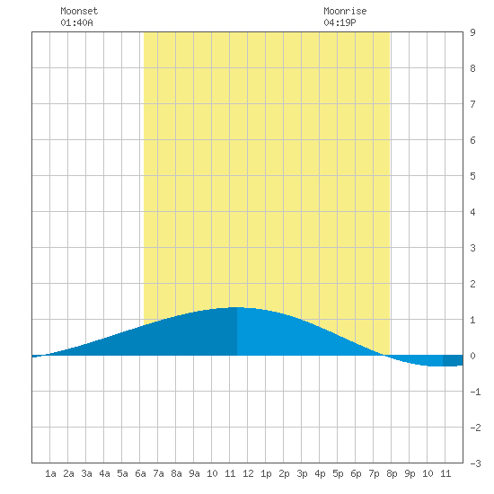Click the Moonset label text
click(79, 11)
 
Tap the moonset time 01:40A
click(76, 22)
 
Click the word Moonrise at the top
click(345, 11)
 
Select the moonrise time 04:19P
click(340, 22)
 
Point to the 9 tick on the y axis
click(472, 32)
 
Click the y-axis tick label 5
click(472, 176)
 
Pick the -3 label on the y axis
click(475, 463)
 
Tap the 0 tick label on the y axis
click(472, 356)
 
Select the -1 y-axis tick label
click(475, 392)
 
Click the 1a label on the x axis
click(50, 473)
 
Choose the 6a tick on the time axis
click(140, 473)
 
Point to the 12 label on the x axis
click(248, 473)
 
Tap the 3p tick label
click(302, 473)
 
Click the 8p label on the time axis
click(392, 473)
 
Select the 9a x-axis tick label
click(194, 473)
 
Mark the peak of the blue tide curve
click(237, 307)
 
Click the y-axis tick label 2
click(472, 284)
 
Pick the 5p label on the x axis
click(338, 473)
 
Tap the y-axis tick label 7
click(472, 104)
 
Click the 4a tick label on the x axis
click(104, 473)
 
